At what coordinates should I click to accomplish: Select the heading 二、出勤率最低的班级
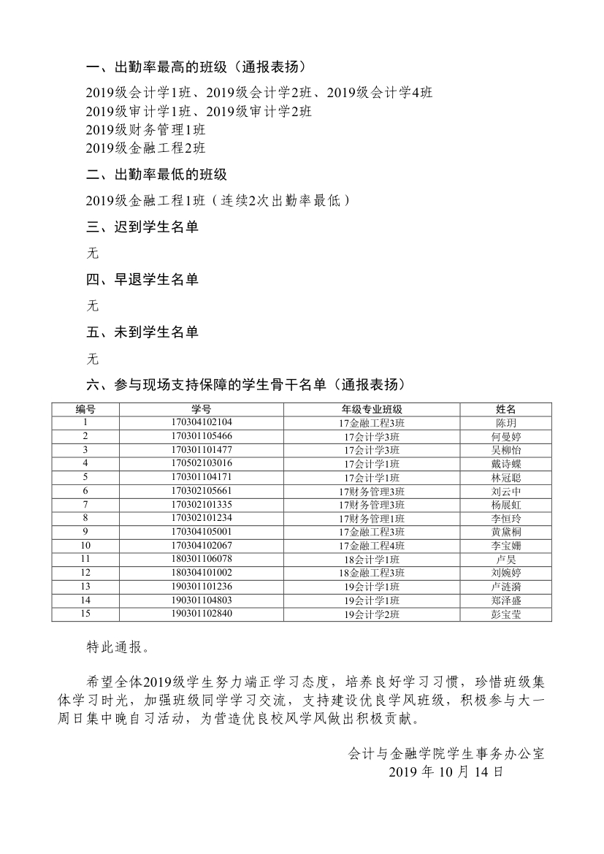coord(156,175)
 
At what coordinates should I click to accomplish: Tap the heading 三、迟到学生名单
coord(142,228)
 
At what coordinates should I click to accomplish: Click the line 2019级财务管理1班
coord(145,130)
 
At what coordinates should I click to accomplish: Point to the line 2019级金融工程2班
coord(145,148)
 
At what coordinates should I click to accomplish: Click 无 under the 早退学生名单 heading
coord(92,306)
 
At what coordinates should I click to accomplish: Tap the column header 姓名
coord(506,409)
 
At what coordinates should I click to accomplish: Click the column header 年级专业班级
coord(372,409)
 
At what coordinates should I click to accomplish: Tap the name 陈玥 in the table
coord(506,423)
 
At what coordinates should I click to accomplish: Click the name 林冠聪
coord(506,477)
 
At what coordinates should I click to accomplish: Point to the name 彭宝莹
coord(506,614)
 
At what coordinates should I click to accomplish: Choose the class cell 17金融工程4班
coord(372,546)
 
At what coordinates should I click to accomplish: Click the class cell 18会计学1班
coord(372,560)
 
